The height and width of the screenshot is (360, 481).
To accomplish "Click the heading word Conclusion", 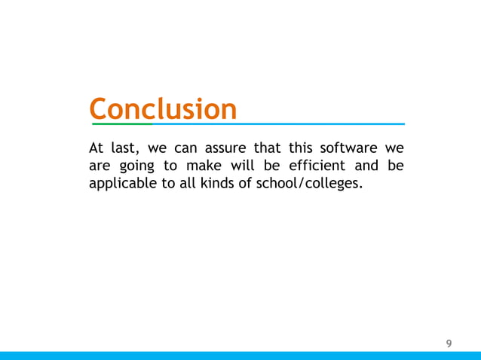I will tap(163, 108).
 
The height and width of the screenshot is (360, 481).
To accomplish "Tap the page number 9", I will tap(449, 344).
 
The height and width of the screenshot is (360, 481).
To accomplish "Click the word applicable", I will tap(121, 184).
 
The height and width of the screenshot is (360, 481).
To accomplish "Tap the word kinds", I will tap(218, 183).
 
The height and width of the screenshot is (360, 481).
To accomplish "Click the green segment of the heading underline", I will tap(121, 124).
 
